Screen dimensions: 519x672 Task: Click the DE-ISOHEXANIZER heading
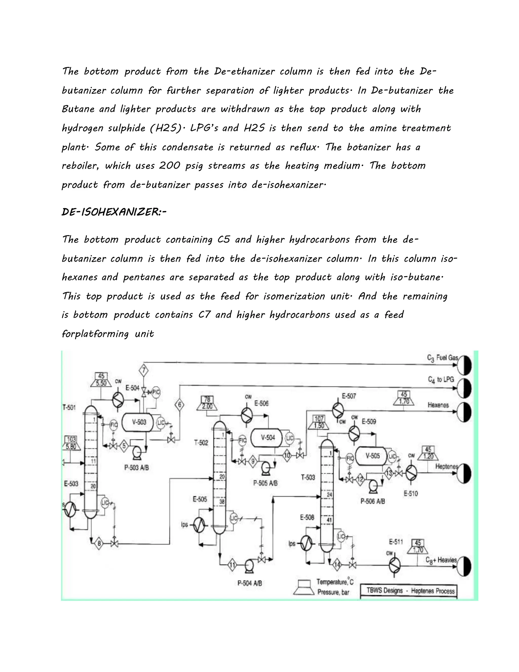point(114,212)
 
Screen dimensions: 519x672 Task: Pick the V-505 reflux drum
point(372,456)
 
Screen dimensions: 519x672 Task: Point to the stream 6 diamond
point(180,405)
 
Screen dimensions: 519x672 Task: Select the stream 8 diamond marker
point(99,544)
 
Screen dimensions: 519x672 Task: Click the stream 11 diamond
point(232,565)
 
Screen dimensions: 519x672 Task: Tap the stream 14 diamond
point(338,565)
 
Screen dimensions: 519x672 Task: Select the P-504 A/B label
point(250,583)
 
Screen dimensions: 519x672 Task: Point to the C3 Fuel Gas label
point(442,358)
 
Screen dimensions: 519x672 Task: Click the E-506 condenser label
point(261,403)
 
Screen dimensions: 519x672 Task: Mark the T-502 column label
point(201,443)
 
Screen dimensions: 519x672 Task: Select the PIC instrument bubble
point(156,392)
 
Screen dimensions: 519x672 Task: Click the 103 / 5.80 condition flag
point(71,442)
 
